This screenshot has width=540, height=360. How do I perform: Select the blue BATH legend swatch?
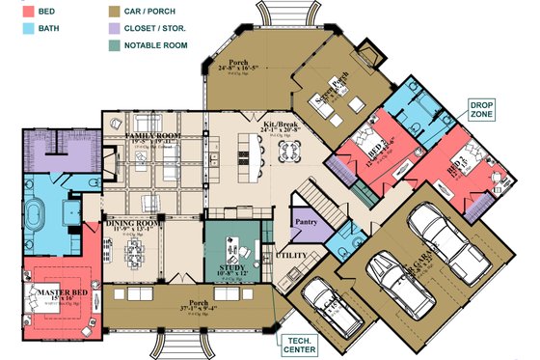coord(17,29)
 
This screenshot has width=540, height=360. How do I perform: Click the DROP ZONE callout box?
coord(481,109)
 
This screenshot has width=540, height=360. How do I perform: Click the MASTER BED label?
coord(58,292)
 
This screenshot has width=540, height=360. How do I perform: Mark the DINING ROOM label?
coord(131,223)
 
